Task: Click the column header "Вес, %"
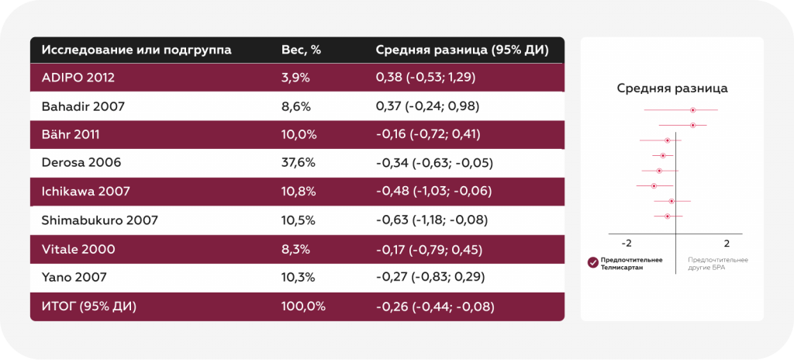(302, 50)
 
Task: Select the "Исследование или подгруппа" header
(136, 50)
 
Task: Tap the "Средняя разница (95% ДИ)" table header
(462, 50)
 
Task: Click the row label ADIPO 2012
(78, 78)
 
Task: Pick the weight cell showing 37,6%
(299, 163)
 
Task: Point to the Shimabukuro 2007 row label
(100, 220)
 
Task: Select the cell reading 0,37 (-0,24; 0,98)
(428, 106)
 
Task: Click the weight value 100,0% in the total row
(303, 306)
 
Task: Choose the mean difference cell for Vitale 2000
(429, 250)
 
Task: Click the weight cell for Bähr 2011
(299, 135)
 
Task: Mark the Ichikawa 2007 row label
(85, 192)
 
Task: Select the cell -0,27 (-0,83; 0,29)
(430, 278)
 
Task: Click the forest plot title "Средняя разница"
(672, 88)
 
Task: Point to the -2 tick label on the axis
(626, 244)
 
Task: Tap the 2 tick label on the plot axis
(727, 244)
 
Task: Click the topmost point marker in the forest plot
(692, 110)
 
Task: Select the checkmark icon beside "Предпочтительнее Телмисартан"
(593, 263)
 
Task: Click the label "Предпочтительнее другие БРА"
(717, 264)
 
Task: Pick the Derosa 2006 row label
(81, 163)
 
